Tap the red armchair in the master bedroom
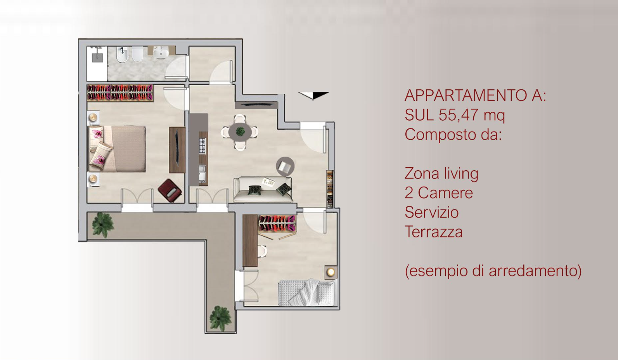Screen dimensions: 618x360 click(x=170, y=190)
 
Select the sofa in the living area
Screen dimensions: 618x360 click(x=263, y=189)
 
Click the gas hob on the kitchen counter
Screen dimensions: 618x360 click(x=203, y=146)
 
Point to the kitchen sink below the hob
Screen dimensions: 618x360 click(x=202, y=173)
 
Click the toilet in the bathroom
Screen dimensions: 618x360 click(x=137, y=54)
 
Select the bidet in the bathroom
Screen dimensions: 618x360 click(x=122, y=54)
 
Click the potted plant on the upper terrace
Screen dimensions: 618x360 click(x=103, y=225)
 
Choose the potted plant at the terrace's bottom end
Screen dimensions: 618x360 click(x=220, y=318)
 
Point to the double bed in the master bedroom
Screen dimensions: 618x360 click(x=116, y=149)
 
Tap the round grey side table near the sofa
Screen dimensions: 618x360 click(x=285, y=166)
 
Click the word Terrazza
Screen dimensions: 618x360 click(x=434, y=232)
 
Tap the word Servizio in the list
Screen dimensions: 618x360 click(x=432, y=212)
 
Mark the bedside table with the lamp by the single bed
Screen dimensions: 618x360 click(x=331, y=272)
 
